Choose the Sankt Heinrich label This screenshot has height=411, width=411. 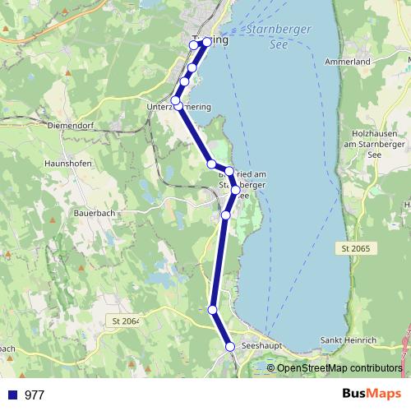point(348,340)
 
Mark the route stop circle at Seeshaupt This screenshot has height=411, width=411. point(230,347)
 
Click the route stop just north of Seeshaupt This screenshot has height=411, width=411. point(213,310)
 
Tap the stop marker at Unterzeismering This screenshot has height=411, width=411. point(175,100)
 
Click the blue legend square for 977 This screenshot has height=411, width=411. point(11,395)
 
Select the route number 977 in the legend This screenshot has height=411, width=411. point(35,395)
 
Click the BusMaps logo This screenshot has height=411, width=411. point(372,394)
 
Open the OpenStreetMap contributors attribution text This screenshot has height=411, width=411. point(339,367)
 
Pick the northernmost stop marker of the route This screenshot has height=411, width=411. point(195,45)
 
